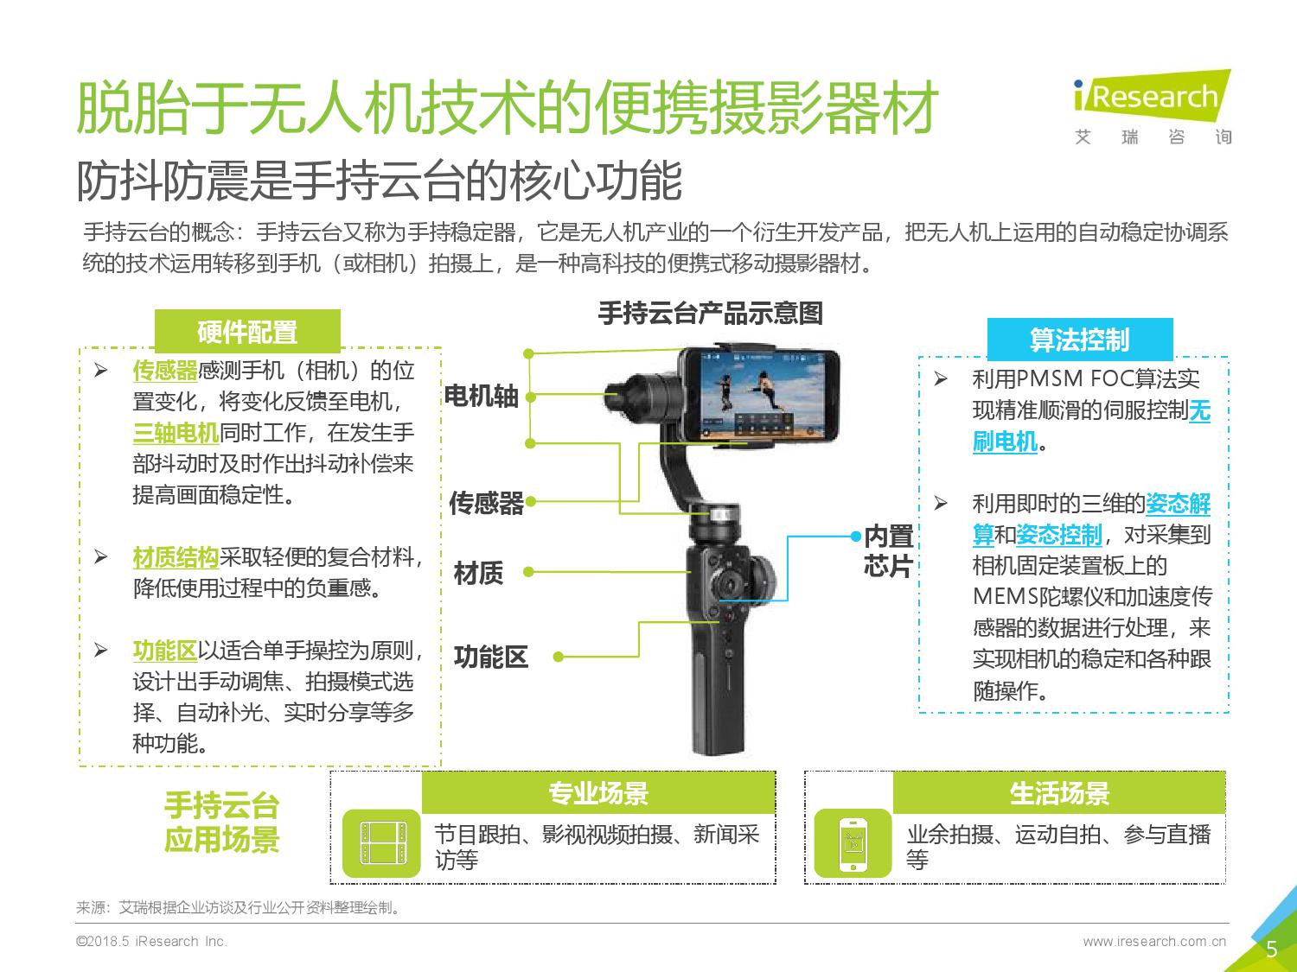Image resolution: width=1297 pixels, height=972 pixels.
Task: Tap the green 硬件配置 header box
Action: point(247,331)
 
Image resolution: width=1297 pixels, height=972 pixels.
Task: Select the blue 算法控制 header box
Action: point(1080,340)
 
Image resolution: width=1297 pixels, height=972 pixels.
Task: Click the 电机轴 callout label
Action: point(481,396)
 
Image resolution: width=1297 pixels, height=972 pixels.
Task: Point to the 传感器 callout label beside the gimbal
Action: point(486,503)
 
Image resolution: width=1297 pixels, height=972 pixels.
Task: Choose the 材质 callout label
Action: point(479,573)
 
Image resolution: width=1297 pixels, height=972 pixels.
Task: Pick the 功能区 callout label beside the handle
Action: point(491,657)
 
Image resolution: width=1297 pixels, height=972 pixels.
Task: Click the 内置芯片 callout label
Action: point(889,550)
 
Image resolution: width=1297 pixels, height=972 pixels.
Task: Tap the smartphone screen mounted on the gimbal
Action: point(763,394)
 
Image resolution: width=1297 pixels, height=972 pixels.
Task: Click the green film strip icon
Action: point(381,842)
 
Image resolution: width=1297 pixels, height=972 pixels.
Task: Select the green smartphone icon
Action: point(853,842)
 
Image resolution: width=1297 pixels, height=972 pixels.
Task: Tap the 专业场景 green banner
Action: point(598,792)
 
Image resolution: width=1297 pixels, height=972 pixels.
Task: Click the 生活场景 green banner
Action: point(1059,792)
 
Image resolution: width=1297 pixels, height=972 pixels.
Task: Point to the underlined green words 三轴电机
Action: point(176,433)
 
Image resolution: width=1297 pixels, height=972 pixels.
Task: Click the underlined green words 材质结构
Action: point(176,557)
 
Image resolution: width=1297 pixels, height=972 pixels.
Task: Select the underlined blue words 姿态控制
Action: point(1059,535)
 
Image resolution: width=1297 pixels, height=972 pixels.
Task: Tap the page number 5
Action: point(1272,949)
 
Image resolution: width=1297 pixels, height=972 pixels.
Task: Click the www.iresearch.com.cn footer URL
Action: point(1154,941)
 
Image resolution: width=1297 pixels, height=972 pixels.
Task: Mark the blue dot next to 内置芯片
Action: point(856,536)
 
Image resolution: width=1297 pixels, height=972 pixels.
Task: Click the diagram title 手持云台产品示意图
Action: point(711,313)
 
